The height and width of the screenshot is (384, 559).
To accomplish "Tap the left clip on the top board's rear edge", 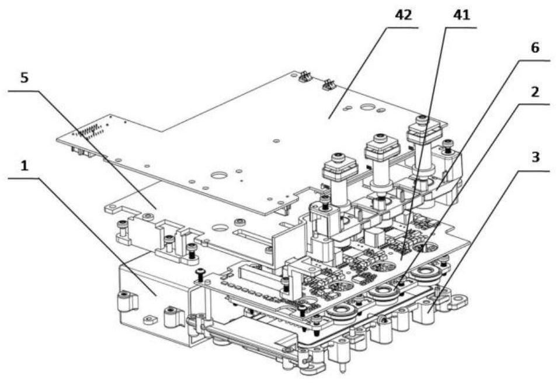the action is [304, 76].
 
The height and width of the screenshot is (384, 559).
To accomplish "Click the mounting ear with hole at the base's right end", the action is [459, 301].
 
